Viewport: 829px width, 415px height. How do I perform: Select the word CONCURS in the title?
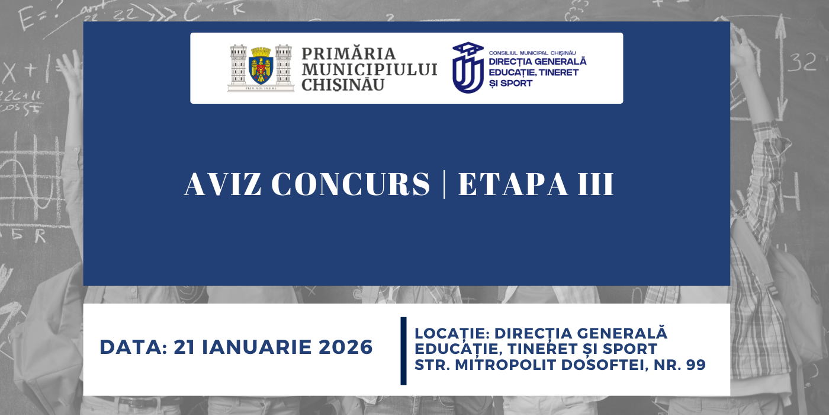pyautogui.click(x=351, y=184)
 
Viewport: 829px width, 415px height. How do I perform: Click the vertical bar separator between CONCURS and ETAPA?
pyautogui.click(x=444, y=184)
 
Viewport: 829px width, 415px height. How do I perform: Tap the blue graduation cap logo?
pyautogui.click(x=468, y=68)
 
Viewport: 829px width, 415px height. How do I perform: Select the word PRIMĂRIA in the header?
pyautogui.click(x=348, y=54)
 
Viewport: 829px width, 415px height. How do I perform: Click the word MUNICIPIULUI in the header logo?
pyautogui.click(x=369, y=69)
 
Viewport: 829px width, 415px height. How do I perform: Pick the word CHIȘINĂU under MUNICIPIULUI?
pyautogui.click(x=343, y=85)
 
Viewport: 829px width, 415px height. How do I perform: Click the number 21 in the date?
pyautogui.click(x=184, y=347)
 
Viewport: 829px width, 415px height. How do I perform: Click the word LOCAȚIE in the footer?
pyautogui.click(x=451, y=333)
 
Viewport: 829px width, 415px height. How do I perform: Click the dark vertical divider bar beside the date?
pyautogui.click(x=404, y=350)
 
